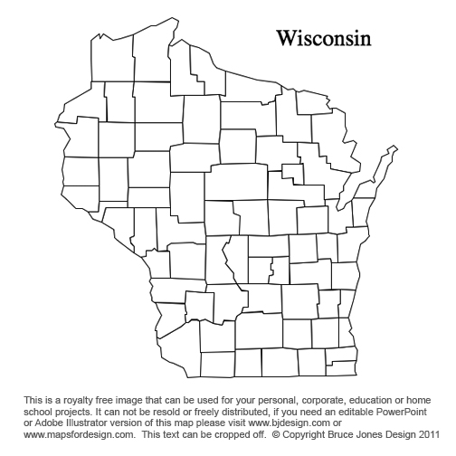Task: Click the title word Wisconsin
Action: pos(323,39)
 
